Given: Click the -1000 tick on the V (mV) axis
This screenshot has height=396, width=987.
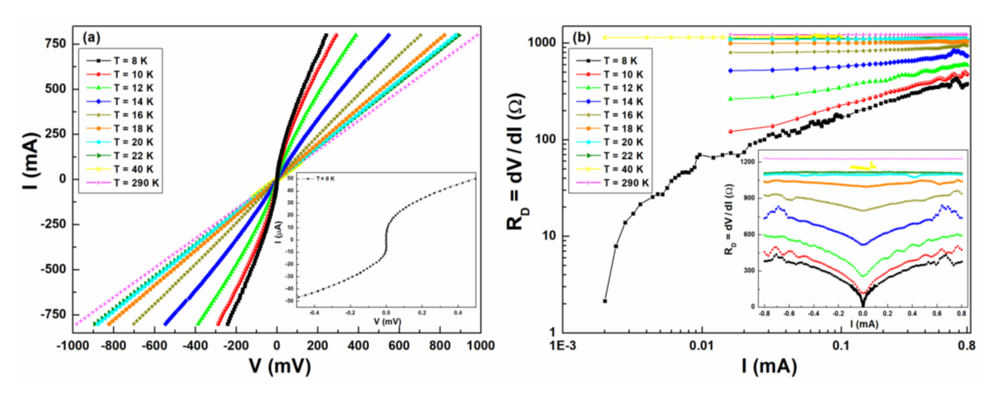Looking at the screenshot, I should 72,346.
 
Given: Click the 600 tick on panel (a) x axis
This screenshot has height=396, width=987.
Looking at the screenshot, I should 399,346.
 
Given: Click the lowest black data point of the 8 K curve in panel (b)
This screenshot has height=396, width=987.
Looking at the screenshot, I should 605,301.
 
